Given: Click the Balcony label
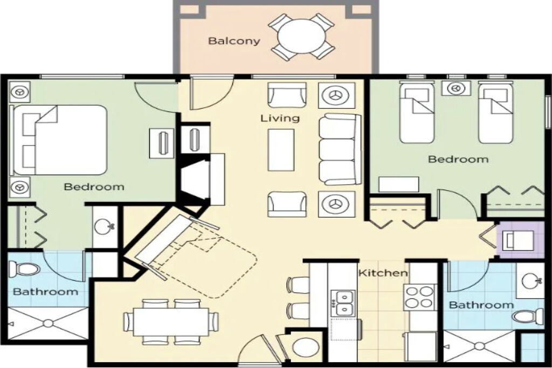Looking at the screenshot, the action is pos(234,41).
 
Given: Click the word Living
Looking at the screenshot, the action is pos(280,118).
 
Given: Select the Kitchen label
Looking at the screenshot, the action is pos(383,273).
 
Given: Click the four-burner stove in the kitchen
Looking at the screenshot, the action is pos(419,297).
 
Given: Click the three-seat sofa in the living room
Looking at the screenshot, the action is pos(340,149).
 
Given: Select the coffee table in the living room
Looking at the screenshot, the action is pos(280,150).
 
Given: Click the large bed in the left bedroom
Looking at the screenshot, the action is pos(59,140).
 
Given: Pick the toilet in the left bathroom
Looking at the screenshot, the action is pos(25,269).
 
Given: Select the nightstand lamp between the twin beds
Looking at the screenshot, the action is pos(456,88).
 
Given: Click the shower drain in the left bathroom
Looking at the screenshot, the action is pos(48,323).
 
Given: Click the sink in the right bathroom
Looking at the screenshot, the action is pos(530,280).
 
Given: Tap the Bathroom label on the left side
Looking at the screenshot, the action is pos(45,291).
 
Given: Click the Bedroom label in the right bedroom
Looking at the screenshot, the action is pos(458,159).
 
